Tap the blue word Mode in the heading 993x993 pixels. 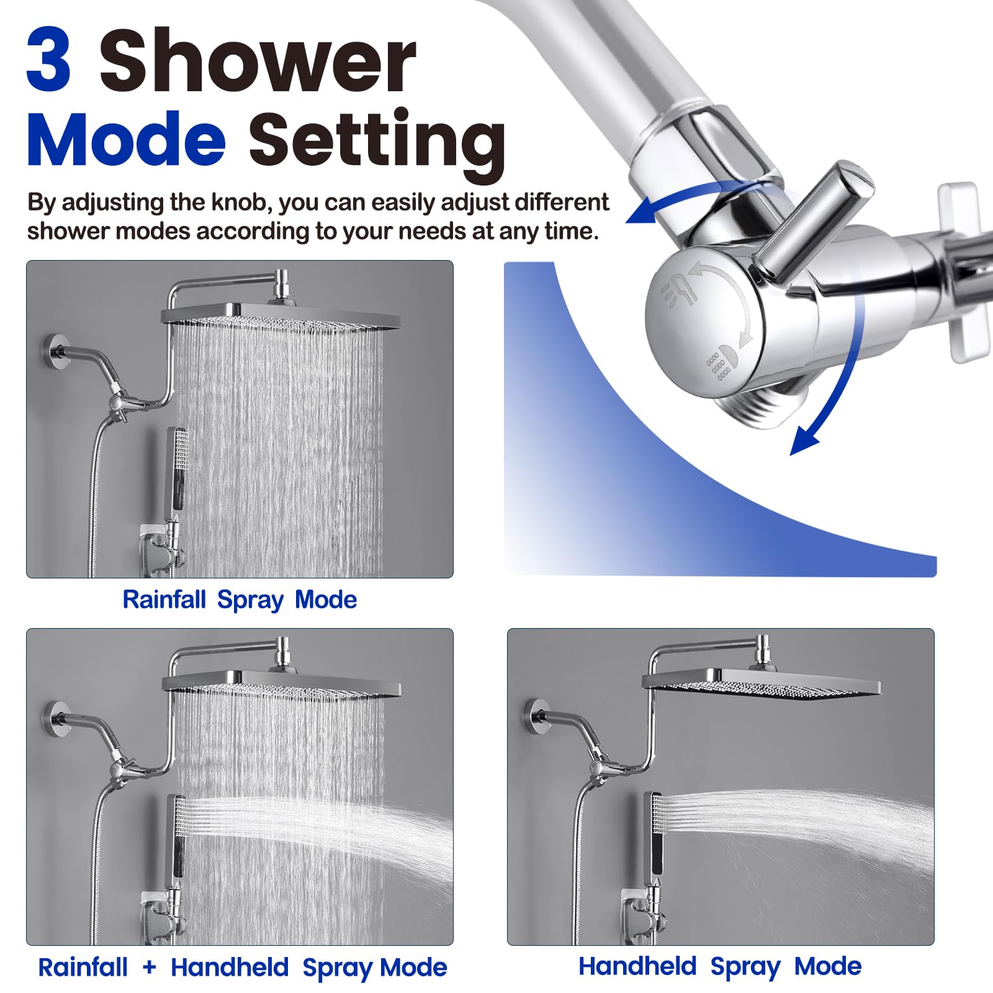126,140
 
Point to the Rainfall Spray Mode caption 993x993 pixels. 240,600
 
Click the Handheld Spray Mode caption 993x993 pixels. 720,966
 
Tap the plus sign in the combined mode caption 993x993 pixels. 149,967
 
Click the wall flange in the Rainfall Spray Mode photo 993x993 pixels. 56,353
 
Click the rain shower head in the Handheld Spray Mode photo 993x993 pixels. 762,683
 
